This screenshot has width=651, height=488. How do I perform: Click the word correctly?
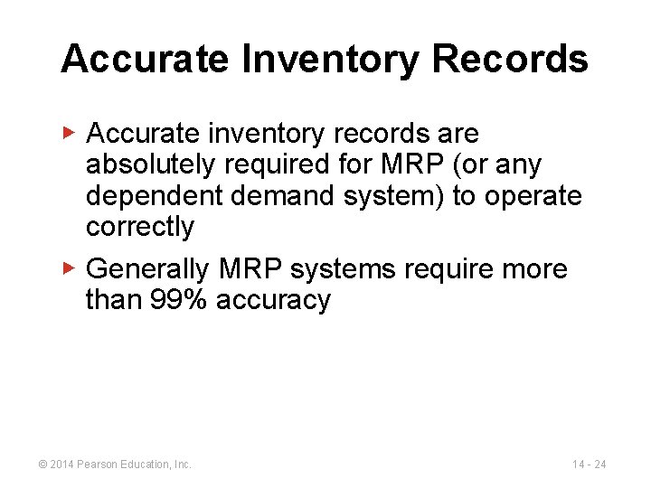coord(139,226)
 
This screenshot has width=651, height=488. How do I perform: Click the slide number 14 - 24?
coord(590,465)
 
